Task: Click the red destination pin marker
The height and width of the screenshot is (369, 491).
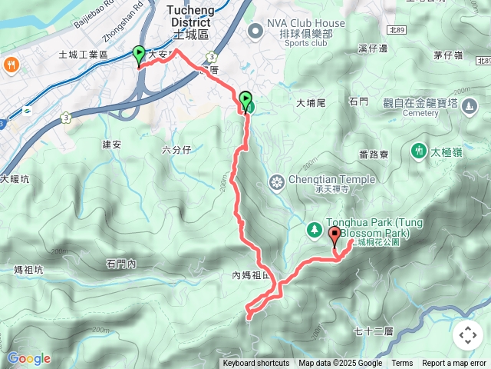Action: click(x=334, y=236)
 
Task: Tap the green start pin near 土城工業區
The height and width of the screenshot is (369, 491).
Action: click(x=139, y=55)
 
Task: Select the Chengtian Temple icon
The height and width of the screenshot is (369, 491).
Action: click(x=276, y=182)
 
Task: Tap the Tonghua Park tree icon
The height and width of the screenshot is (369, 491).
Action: click(x=314, y=229)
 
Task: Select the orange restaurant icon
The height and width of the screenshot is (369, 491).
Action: click(x=11, y=63)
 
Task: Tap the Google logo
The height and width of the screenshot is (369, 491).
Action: click(x=28, y=358)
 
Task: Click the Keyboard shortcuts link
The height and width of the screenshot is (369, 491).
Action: click(x=256, y=364)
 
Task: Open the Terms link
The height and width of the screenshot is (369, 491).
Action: click(x=402, y=364)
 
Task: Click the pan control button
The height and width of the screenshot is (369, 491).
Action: click(x=467, y=335)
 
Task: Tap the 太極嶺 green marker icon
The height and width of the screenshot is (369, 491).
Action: click(x=418, y=150)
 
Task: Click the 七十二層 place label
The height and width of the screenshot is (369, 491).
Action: click(x=374, y=331)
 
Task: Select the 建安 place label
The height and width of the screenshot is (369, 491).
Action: click(x=112, y=144)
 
